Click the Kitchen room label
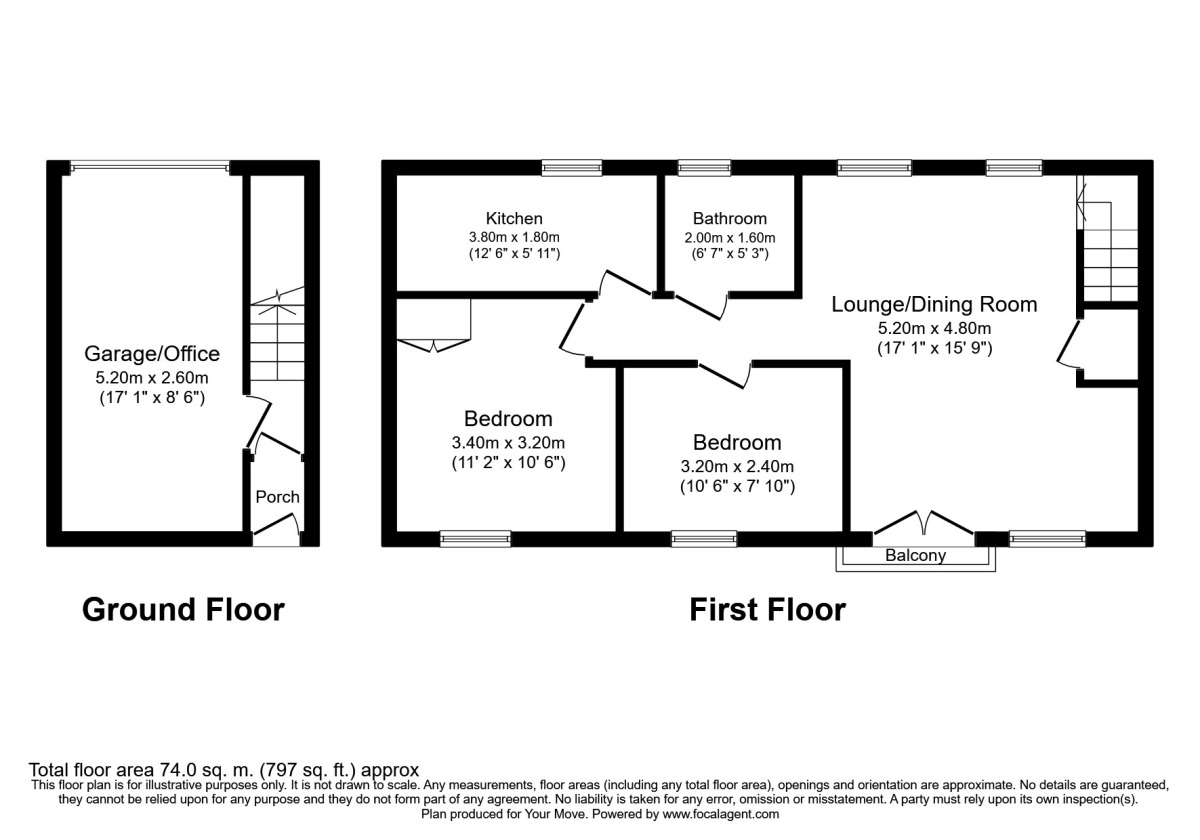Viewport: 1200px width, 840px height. pyautogui.click(x=514, y=219)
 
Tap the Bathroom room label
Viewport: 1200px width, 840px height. pyautogui.click(x=730, y=219)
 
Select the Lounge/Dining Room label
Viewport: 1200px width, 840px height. pyautogui.click(x=934, y=305)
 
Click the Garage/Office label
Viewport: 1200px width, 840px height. pyautogui.click(x=152, y=354)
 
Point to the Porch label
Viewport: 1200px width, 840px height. pyautogui.click(x=278, y=497)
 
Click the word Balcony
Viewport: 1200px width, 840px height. pyautogui.click(x=916, y=555)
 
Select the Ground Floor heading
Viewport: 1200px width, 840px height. pyautogui.click(x=183, y=610)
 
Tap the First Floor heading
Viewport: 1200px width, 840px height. pyautogui.click(x=768, y=610)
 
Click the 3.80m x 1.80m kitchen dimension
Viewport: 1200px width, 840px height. pyautogui.click(x=514, y=237)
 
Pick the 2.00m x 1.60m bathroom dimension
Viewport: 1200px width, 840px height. pyautogui.click(x=730, y=237)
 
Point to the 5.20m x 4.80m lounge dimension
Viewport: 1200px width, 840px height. pyautogui.click(x=934, y=328)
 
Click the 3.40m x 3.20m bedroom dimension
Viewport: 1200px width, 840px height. pyautogui.click(x=508, y=442)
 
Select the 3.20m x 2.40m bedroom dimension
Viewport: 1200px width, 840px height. pyautogui.click(x=737, y=467)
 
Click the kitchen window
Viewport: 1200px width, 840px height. pyautogui.click(x=572, y=168)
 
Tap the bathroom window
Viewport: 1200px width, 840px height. pyautogui.click(x=704, y=168)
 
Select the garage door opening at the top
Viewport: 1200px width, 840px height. pyautogui.click(x=150, y=167)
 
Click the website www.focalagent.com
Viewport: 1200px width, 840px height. pyautogui.click(x=721, y=814)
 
